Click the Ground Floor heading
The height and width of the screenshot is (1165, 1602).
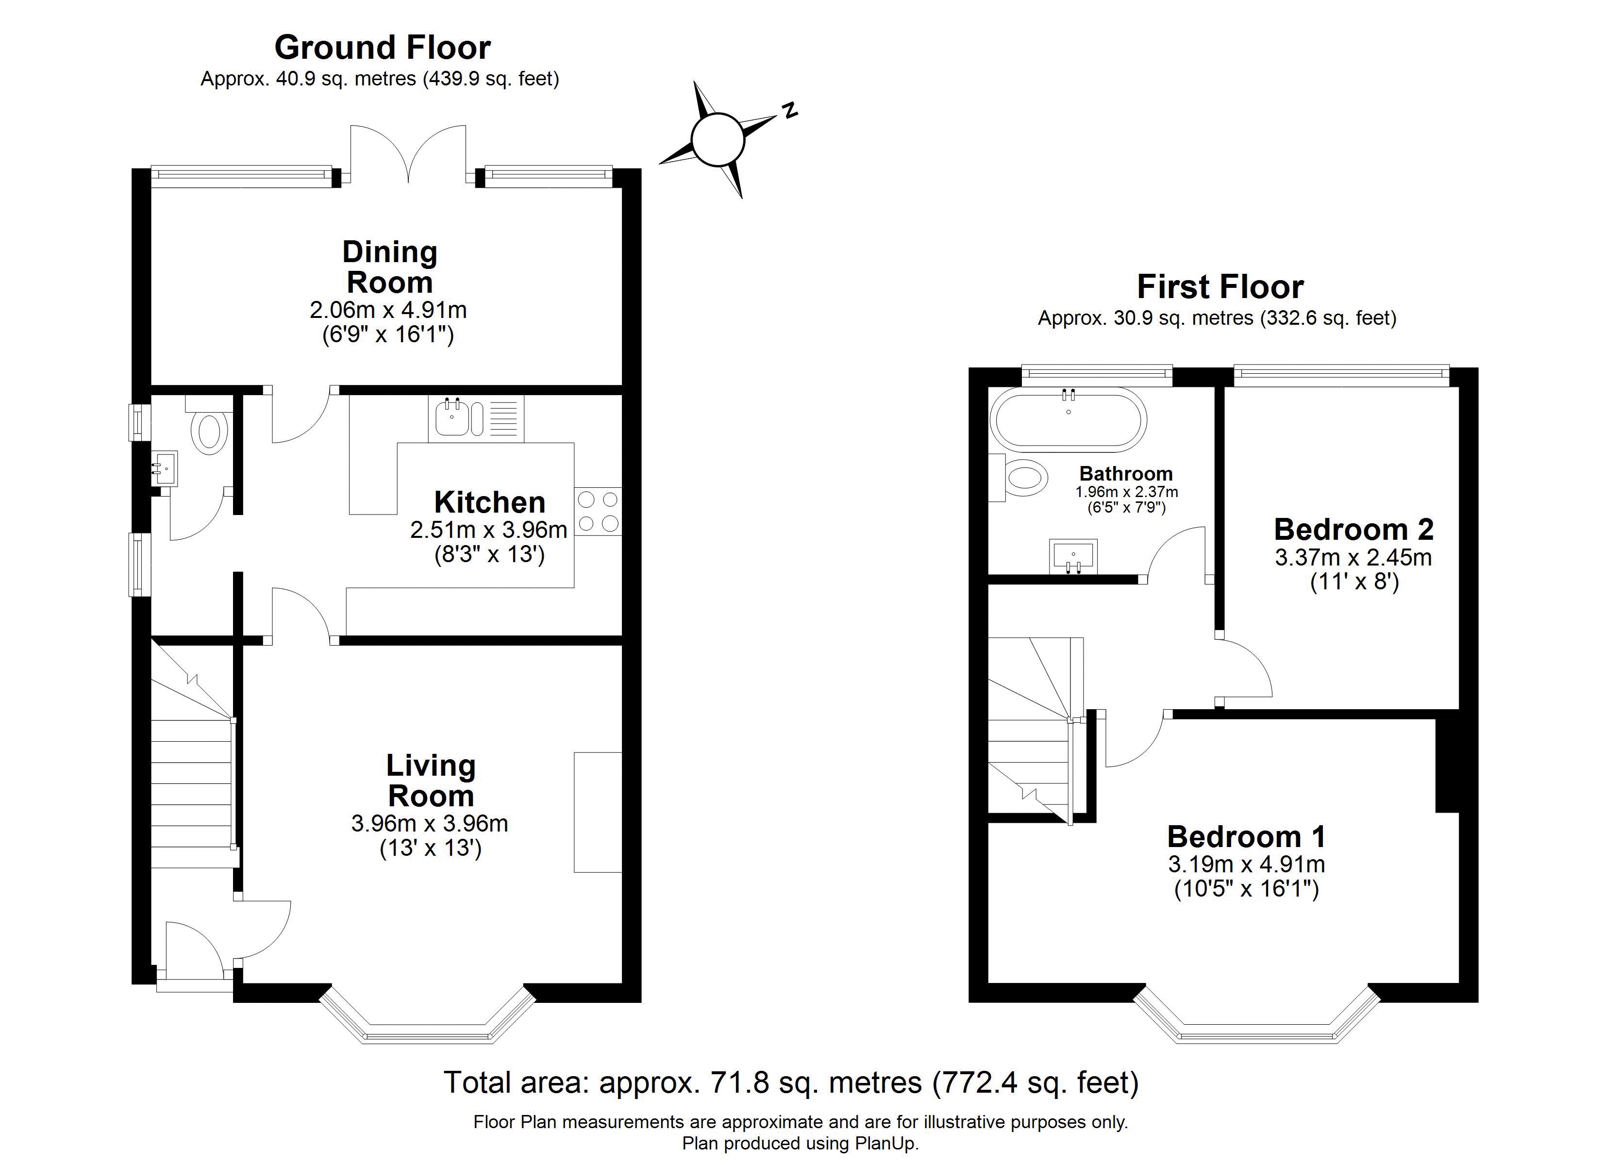pos(382,48)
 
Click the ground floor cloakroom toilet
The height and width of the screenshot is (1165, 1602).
pos(210,433)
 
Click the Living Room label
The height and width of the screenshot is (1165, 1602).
pos(430,780)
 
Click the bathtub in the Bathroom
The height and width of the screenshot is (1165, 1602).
pos(1068,420)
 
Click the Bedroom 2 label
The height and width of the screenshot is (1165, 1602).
pos(1353,529)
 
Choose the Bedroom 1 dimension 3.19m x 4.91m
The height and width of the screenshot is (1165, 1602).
pos(1246,864)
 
